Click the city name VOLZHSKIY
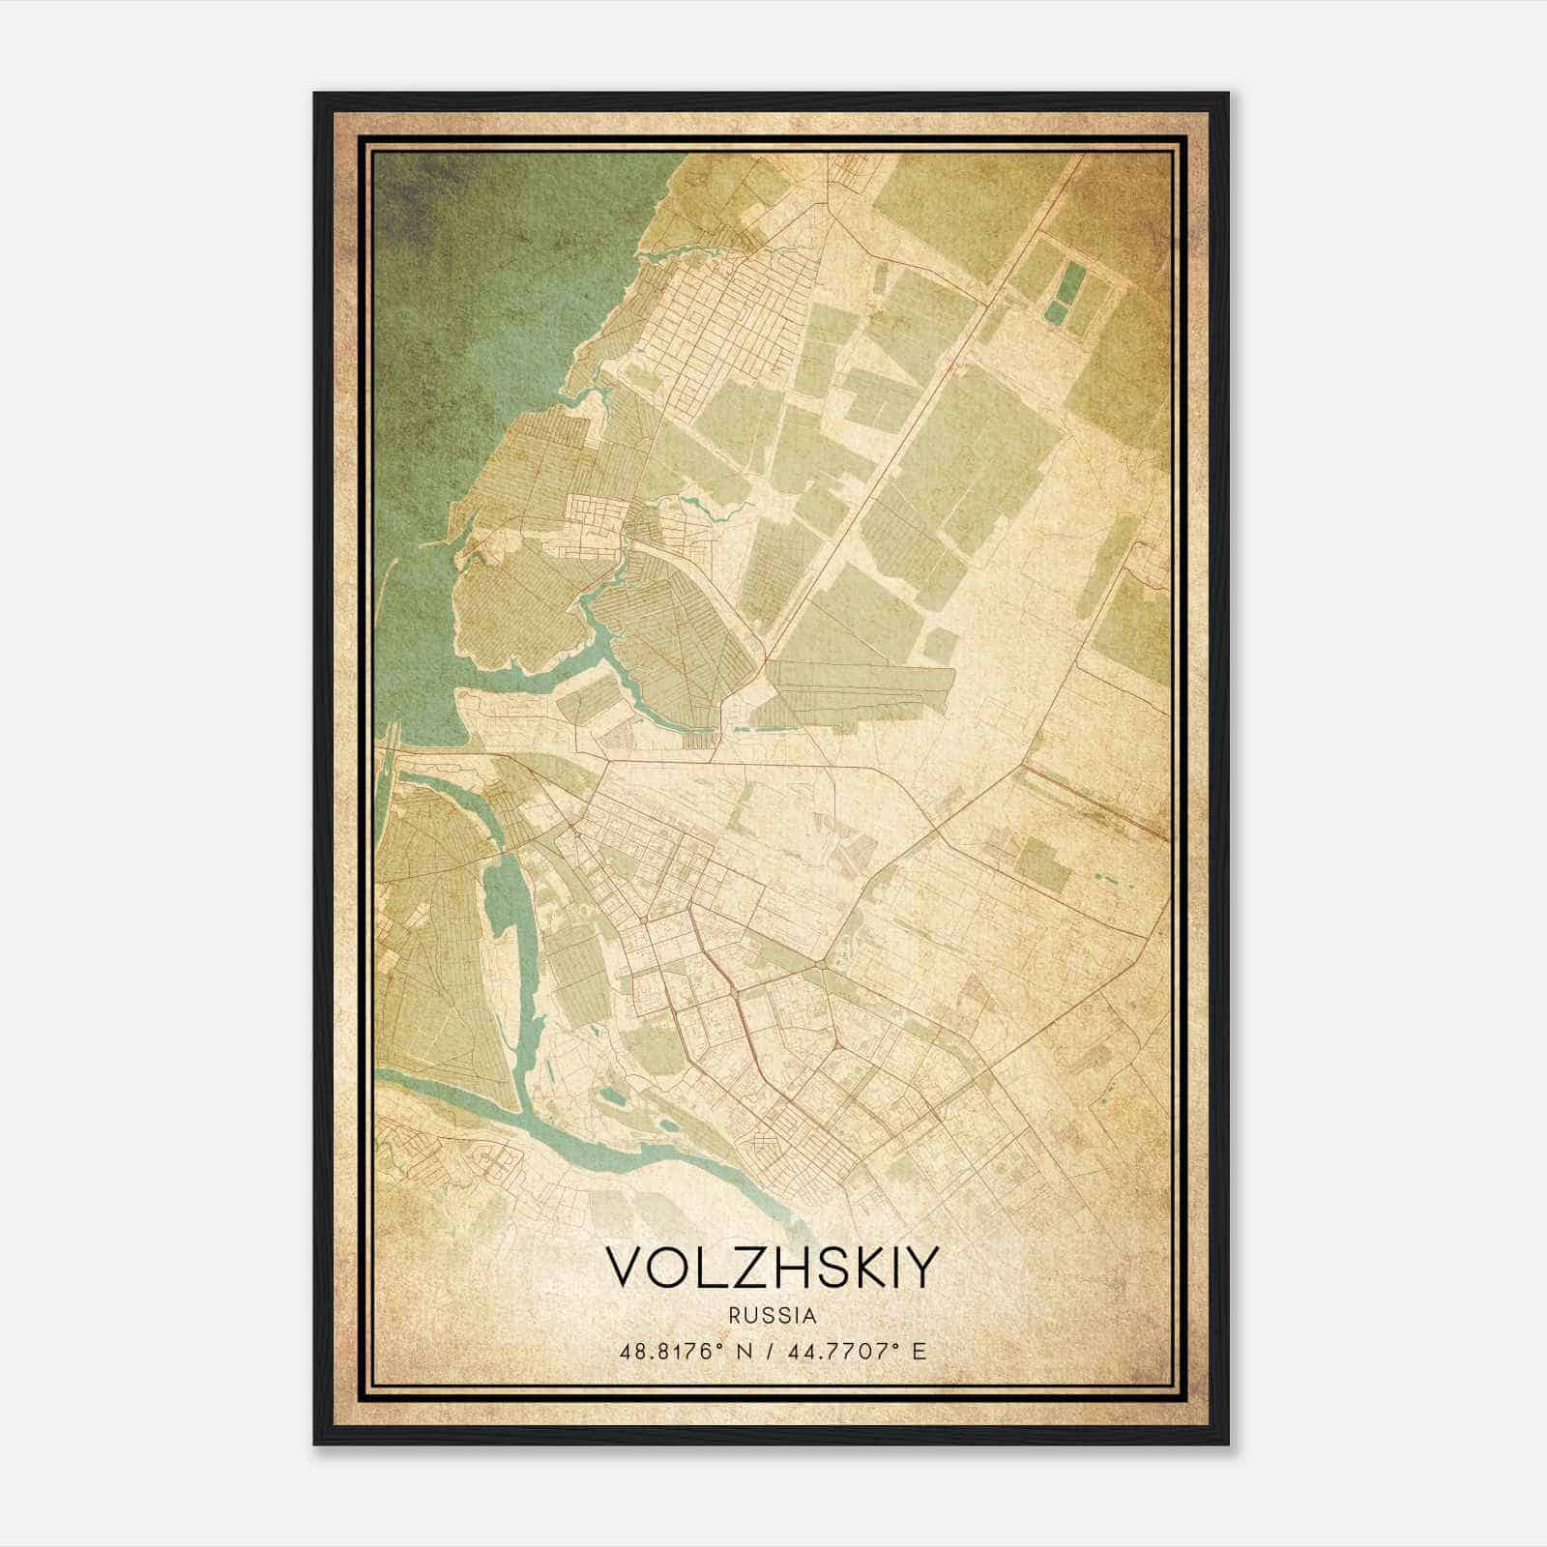click(772, 1268)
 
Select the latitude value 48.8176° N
click(686, 1351)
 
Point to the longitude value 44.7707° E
click(855, 1351)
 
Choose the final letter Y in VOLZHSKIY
click(920, 1268)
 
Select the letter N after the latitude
click(744, 1351)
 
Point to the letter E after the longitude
click(919, 1351)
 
